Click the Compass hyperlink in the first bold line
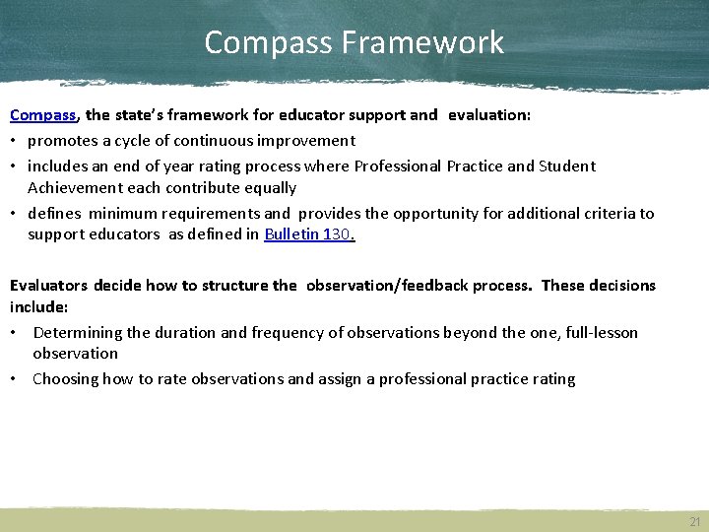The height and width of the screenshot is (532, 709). pyautogui.click(x=43, y=115)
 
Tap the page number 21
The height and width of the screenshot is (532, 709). pyautogui.click(x=695, y=522)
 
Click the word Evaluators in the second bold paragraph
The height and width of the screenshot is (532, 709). pyautogui.click(x=48, y=286)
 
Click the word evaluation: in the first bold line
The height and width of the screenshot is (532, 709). pyautogui.click(x=489, y=115)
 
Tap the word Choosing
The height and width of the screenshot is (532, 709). pyautogui.click(x=65, y=379)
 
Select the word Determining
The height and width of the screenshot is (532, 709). pyautogui.click(x=80, y=333)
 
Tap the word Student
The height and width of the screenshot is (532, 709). pyautogui.click(x=567, y=166)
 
